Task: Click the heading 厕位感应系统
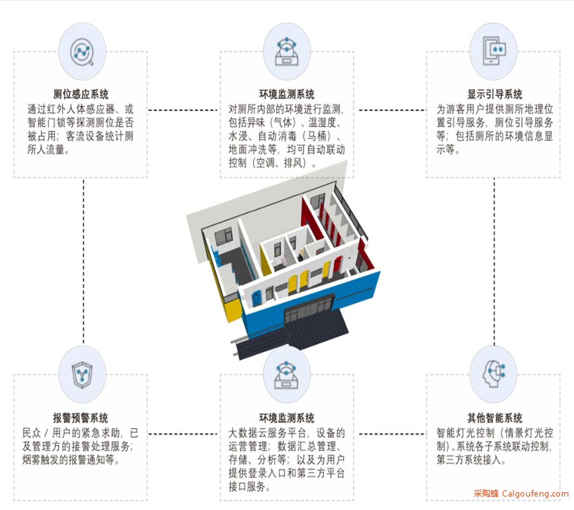click(x=80, y=94)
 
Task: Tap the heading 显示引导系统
click(x=494, y=94)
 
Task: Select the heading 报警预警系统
click(x=80, y=418)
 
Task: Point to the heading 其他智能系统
click(x=494, y=418)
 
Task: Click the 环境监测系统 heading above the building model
click(x=286, y=94)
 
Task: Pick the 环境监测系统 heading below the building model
click(x=286, y=418)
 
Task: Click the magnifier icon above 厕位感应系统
click(x=82, y=52)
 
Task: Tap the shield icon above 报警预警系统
click(x=82, y=375)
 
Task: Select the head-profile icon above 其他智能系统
click(x=494, y=374)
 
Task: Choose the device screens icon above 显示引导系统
click(x=494, y=51)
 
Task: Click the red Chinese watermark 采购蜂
click(x=486, y=493)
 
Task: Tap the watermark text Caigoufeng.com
click(x=535, y=494)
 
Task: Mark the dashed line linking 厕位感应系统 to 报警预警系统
click(x=84, y=261)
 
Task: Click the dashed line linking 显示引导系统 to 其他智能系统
click(x=494, y=261)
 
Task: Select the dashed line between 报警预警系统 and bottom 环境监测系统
click(x=182, y=434)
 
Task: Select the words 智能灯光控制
click(x=466, y=433)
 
